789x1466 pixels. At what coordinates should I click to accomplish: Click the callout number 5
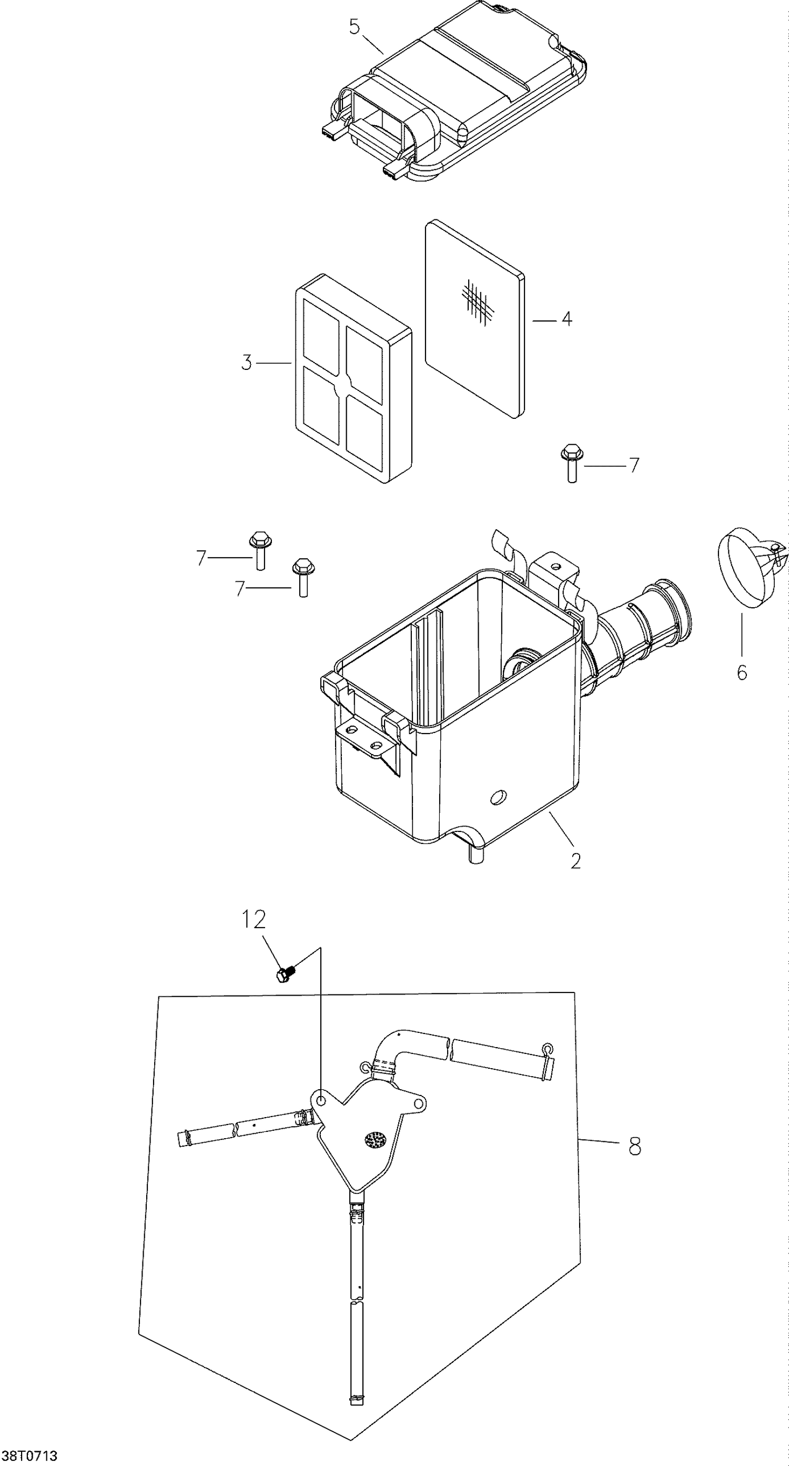point(355,27)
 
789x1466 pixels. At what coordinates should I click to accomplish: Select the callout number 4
point(566,319)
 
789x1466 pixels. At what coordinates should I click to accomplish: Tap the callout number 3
point(246,363)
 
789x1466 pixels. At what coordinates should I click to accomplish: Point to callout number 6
point(741,672)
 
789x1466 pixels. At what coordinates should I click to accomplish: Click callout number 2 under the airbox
point(575,861)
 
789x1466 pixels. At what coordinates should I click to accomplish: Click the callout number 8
point(635,1146)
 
